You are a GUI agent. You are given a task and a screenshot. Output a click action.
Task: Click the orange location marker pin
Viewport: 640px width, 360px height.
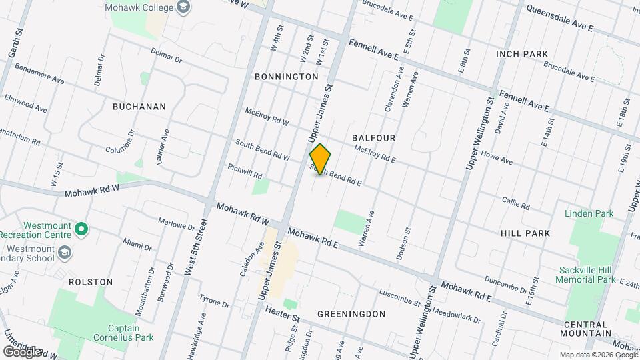tap(320, 159)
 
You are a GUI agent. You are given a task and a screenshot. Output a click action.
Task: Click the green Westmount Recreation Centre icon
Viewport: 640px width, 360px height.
tap(81, 231)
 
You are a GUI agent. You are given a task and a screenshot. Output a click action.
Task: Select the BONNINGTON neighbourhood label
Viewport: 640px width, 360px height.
tap(287, 77)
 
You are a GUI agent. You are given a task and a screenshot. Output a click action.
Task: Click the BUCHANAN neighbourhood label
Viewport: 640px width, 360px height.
tap(139, 106)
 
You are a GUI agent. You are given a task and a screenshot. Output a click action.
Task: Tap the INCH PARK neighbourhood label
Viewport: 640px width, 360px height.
tap(522, 54)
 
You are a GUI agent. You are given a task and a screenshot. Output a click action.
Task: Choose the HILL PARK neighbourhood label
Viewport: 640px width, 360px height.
tap(525, 233)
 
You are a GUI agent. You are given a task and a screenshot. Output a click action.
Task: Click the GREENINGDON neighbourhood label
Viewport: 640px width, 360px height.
tap(351, 313)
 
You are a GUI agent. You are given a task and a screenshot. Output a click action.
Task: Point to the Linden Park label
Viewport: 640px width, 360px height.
tap(589, 214)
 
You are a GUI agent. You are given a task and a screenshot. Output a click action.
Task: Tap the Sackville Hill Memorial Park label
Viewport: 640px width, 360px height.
tap(587, 275)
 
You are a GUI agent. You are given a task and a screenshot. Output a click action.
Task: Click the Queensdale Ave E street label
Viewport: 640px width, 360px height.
tap(559, 18)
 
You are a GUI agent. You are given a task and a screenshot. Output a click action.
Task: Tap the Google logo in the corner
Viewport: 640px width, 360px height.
tap(22, 351)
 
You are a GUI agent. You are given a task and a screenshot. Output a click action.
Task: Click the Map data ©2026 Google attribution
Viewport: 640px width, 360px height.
tap(598, 355)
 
